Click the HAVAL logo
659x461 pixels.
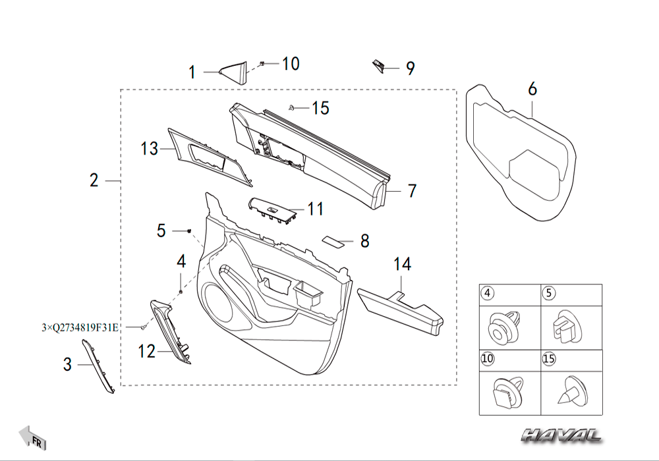pyautogui.click(x=561, y=435)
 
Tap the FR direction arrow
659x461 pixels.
pyautogui.click(x=32, y=437)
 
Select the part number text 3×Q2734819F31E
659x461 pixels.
pyautogui.click(x=80, y=327)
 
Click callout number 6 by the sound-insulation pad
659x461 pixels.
pyautogui.click(x=532, y=89)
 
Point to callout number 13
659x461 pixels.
pyautogui.click(x=149, y=149)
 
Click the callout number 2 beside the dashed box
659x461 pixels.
pyautogui.click(x=94, y=180)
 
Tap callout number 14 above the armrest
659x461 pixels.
pyautogui.click(x=402, y=264)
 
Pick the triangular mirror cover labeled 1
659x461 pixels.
pyautogui.click(x=233, y=73)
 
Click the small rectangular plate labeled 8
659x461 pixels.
pyautogui.click(x=333, y=240)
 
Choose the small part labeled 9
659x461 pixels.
pyautogui.click(x=378, y=66)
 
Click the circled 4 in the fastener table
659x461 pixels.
pyautogui.click(x=488, y=292)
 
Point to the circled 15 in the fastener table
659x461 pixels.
pyautogui.click(x=549, y=358)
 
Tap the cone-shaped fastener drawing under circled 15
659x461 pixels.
pyautogui.click(x=571, y=391)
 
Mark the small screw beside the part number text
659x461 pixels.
pyautogui.click(x=144, y=327)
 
